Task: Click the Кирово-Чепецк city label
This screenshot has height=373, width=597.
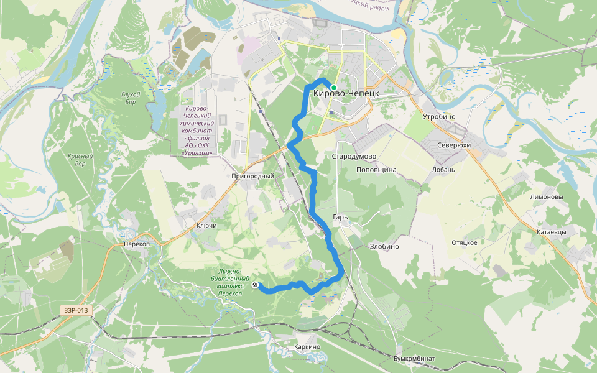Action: click(x=346, y=93)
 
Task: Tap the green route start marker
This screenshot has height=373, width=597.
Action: click(x=334, y=88)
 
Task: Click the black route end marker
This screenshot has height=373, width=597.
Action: click(x=256, y=285)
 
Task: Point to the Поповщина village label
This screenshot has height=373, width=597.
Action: click(x=376, y=169)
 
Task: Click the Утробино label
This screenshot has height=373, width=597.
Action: click(x=439, y=117)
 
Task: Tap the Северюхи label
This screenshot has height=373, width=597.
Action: click(x=454, y=145)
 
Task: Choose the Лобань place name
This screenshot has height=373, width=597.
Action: click(x=444, y=169)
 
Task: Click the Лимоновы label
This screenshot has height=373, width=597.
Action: click(x=546, y=197)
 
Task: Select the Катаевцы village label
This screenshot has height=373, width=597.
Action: click(x=552, y=232)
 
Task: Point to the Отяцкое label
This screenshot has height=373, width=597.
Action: click(x=464, y=242)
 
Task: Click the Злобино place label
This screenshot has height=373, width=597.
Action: click(x=384, y=247)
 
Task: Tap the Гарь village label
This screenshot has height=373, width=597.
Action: click(x=340, y=218)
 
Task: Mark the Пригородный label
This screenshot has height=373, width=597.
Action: click(x=252, y=177)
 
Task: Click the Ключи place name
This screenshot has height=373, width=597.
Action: click(x=206, y=226)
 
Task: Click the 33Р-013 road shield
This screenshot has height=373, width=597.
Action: click(x=76, y=310)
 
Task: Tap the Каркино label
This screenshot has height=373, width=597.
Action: click(x=306, y=347)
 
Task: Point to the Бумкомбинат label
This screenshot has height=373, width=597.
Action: click(x=414, y=359)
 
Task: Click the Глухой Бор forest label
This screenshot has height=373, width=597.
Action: click(x=131, y=98)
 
